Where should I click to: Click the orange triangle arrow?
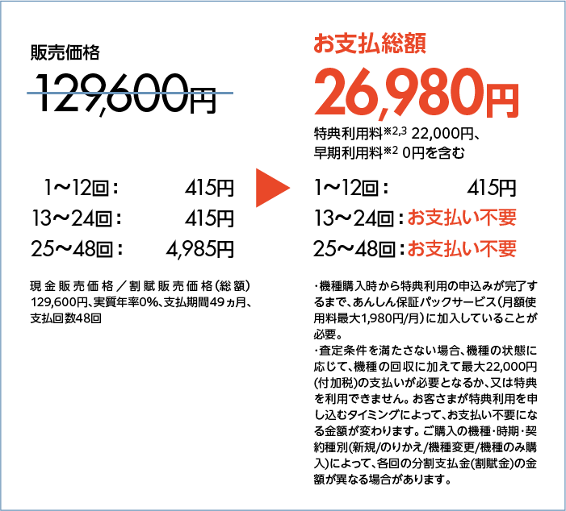[x=271, y=188]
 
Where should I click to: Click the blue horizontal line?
[x=130, y=93]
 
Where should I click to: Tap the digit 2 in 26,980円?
[x=331, y=93]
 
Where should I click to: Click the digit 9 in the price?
[x=405, y=93]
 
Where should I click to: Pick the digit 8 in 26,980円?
[x=436, y=93]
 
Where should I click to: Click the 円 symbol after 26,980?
[x=502, y=98]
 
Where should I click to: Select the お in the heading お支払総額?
[x=324, y=44]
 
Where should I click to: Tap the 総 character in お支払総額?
[x=392, y=44]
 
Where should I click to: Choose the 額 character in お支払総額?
[x=415, y=44]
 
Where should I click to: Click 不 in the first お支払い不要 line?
[x=488, y=218]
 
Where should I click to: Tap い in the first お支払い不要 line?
[x=471, y=218]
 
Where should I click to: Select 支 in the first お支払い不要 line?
[x=434, y=218]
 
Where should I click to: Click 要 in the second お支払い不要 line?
[x=507, y=249]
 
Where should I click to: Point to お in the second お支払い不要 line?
[x=416, y=249]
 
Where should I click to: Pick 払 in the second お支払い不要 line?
[x=452, y=249]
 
